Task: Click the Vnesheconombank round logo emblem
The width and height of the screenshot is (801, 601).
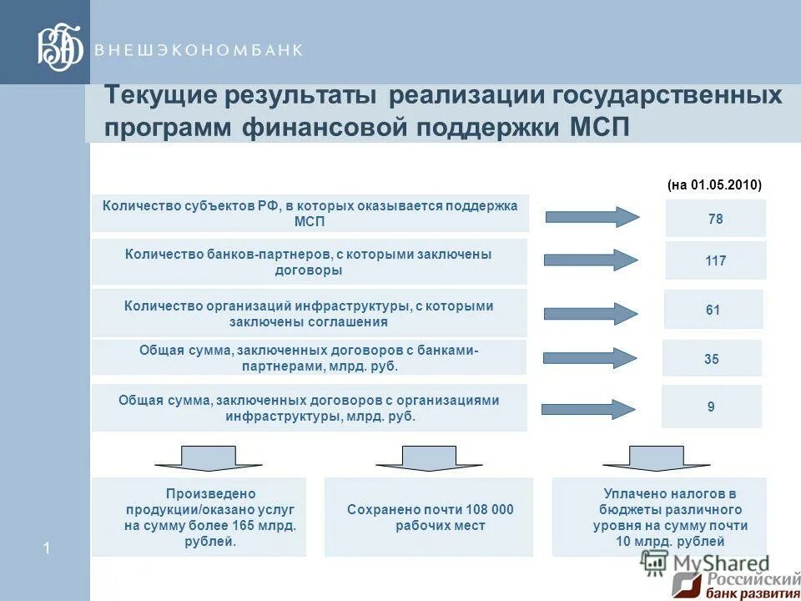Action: pyautogui.click(x=60, y=47)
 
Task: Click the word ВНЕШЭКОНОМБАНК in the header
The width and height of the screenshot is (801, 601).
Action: pyautogui.click(x=199, y=50)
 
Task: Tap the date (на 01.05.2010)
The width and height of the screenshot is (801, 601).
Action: pyautogui.click(x=714, y=185)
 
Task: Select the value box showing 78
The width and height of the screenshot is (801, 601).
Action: pyautogui.click(x=715, y=219)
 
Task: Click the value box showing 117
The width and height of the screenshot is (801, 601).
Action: pyautogui.click(x=715, y=260)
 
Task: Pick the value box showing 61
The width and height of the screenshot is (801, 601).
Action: pyautogui.click(x=713, y=310)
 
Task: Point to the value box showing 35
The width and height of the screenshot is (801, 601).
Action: pyautogui.click(x=712, y=359)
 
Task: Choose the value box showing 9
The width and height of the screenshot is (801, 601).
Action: pyautogui.click(x=711, y=407)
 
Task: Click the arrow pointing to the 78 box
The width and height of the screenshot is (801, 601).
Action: pyautogui.click(x=592, y=217)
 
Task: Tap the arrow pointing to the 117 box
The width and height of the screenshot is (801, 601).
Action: pyautogui.click(x=591, y=260)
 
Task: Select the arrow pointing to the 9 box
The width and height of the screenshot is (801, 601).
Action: pyautogui.click(x=588, y=409)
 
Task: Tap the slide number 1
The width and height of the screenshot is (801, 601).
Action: pyautogui.click(x=47, y=548)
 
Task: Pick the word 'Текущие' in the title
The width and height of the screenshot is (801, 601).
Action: pyautogui.click(x=158, y=94)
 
